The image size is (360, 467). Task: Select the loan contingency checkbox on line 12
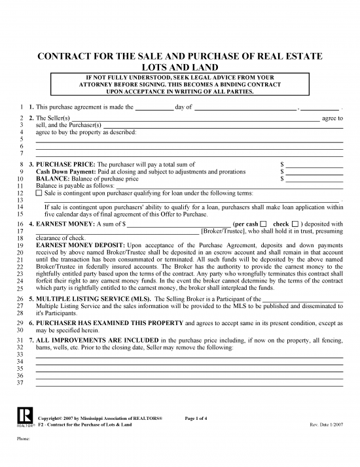(x=39, y=194)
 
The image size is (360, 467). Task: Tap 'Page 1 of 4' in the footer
(x=200, y=418)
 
